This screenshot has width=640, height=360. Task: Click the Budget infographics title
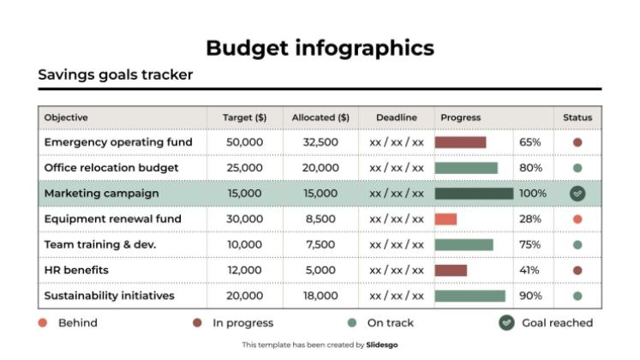320,48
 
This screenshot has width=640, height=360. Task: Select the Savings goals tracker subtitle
116,75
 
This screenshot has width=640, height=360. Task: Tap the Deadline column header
396,117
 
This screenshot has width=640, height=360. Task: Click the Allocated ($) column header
320,117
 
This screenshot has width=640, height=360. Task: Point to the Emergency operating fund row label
118,142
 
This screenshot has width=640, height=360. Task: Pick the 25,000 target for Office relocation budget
244,168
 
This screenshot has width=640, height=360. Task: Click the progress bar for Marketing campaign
473,194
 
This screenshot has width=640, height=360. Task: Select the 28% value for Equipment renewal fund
529,219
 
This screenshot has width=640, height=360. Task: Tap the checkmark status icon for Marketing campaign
577,194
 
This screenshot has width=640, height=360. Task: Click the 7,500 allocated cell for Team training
320,245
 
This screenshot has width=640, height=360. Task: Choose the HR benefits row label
76,271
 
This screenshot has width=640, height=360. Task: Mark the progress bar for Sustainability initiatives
470,297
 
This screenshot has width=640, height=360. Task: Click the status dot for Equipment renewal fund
577,219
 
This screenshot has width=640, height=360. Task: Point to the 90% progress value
530,297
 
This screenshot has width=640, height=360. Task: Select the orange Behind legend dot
43,323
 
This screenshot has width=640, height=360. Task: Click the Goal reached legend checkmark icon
506,323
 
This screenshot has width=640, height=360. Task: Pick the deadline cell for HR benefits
396,271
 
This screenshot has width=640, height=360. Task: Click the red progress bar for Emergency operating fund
460,142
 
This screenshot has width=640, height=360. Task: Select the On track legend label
390,323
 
